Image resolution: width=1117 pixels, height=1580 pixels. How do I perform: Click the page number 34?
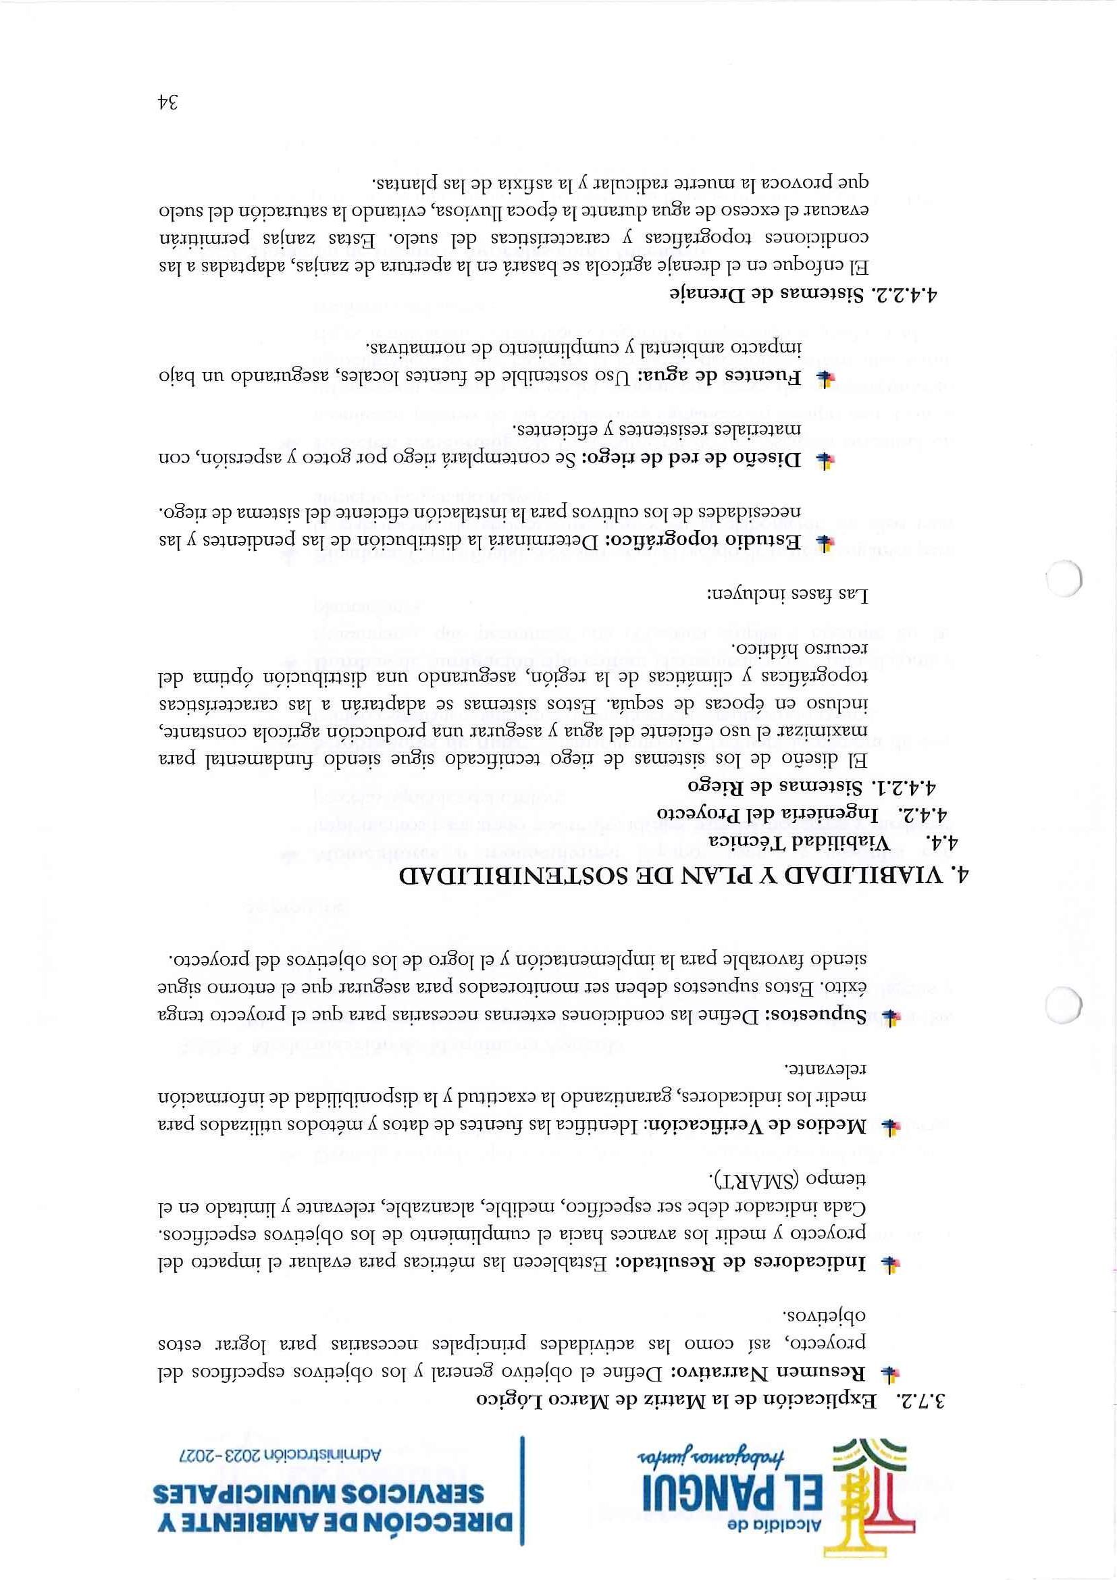pos(167,103)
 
